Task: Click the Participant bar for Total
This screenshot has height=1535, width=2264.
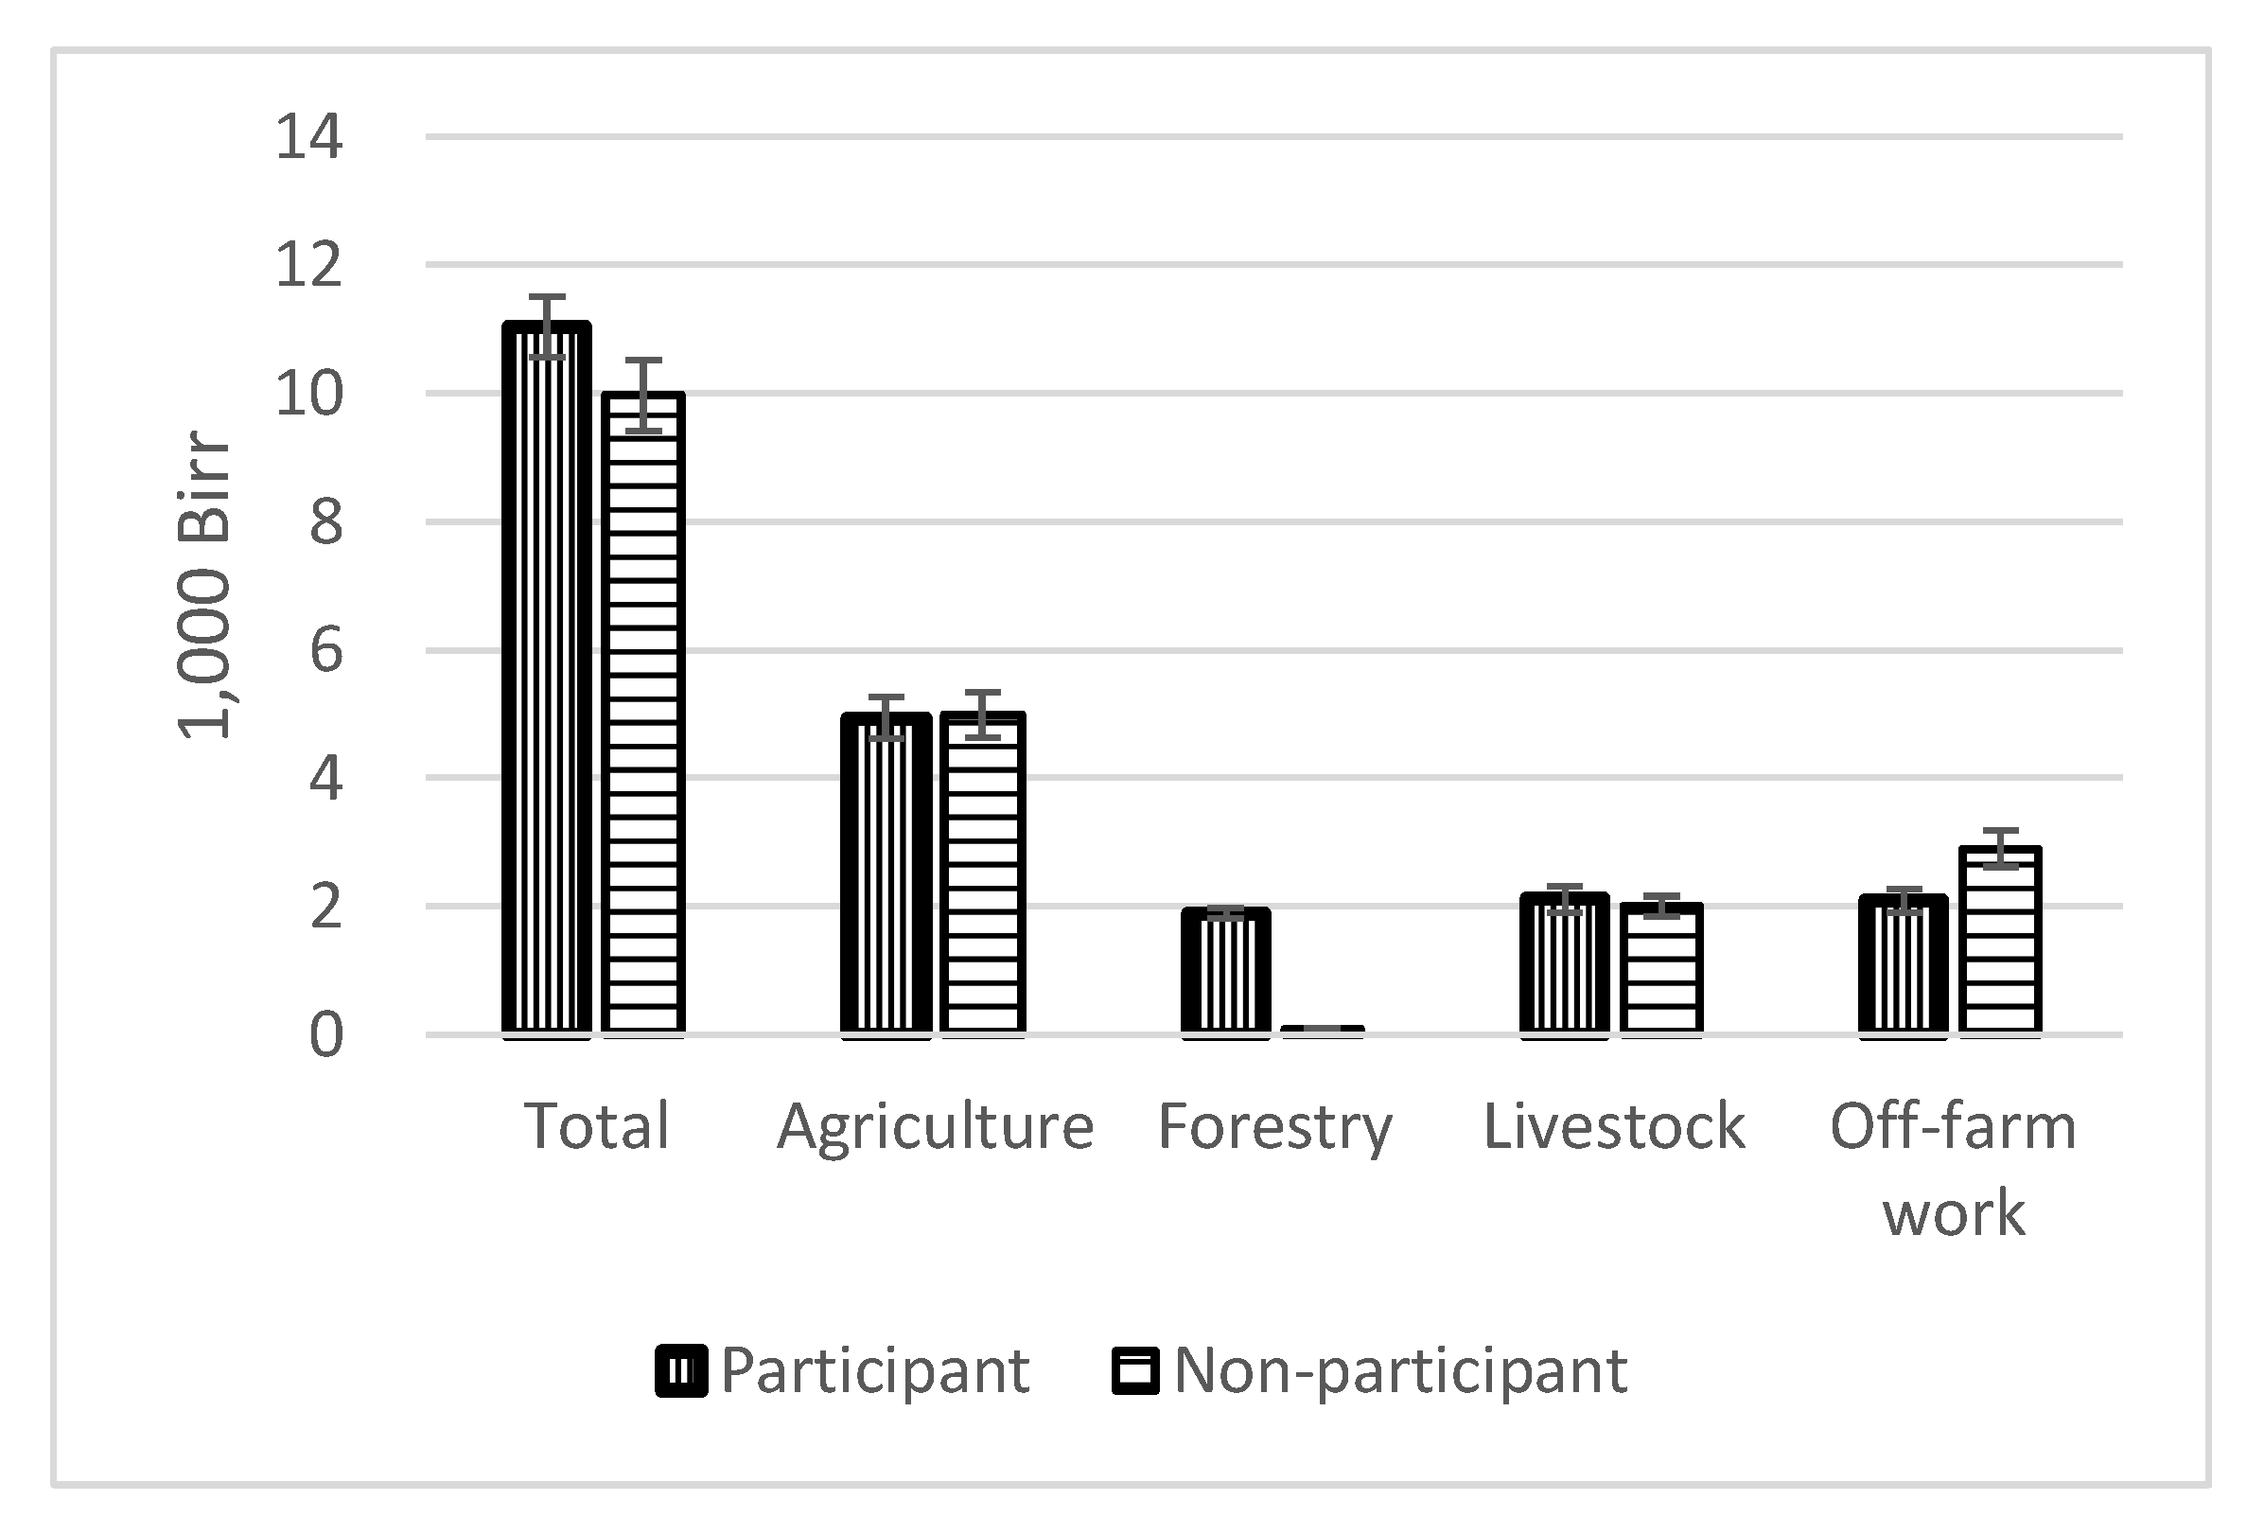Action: tap(547, 682)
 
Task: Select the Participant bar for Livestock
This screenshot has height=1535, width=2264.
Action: tap(1565, 965)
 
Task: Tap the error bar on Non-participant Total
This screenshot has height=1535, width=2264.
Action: tap(643, 395)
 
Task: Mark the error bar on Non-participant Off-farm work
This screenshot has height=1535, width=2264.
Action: tap(2000, 849)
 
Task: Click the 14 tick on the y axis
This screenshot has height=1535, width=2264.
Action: tap(308, 136)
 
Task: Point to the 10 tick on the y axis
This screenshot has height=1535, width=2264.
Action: tap(308, 395)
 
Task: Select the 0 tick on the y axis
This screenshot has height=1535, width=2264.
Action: tap(325, 1035)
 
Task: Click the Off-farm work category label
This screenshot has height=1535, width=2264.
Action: tap(1954, 1170)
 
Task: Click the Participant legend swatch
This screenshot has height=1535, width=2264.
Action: tap(681, 1371)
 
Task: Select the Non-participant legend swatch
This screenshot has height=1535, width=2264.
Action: tap(1135, 1371)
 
